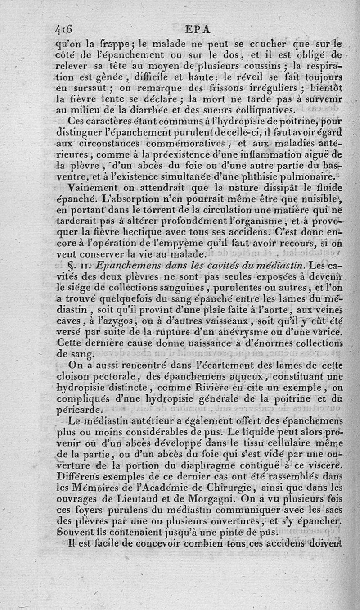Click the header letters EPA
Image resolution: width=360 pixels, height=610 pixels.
click(198, 29)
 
